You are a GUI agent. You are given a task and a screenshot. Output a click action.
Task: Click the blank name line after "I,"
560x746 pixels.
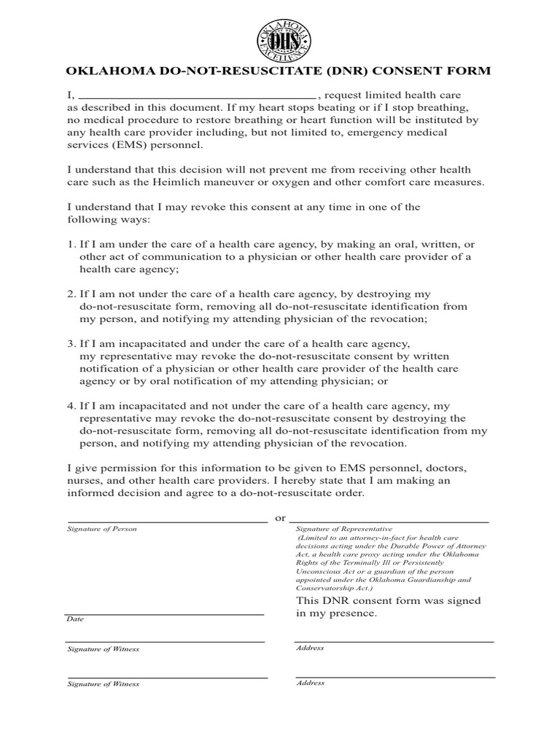click(196, 95)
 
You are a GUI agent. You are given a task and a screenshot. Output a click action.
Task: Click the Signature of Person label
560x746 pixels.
click(101, 529)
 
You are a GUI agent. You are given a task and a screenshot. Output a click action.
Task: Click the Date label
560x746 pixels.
click(75, 619)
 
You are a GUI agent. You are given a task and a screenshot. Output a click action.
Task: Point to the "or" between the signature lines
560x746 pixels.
click(279, 518)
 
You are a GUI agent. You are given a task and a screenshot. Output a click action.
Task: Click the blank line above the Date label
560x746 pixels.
click(164, 614)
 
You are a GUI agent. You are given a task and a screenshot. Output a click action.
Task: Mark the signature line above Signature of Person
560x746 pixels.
click(166, 522)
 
